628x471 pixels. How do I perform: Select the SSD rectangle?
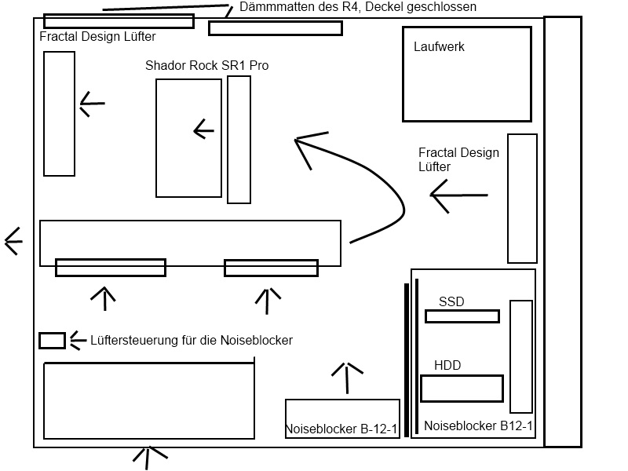pyautogui.click(x=462, y=316)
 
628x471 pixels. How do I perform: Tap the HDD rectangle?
pyautogui.click(x=462, y=389)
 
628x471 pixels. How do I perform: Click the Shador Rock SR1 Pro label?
pyautogui.click(x=206, y=66)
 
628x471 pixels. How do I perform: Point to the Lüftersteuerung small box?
pyautogui.click(x=52, y=341)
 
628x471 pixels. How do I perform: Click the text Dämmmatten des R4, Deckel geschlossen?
pyautogui.click(x=358, y=7)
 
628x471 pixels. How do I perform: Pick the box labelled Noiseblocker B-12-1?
pyautogui.click(x=342, y=419)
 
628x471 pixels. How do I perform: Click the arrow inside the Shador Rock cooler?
pyautogui.click(x=203, y=130)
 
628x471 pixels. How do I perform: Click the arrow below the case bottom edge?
pyautogui.click(x=150, y=455)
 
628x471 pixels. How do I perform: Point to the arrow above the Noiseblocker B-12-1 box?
pyautogui.click(x=346, y=376)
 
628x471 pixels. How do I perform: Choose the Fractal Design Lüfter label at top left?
pyautogui.click(x=97, y=37)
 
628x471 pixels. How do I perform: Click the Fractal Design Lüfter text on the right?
pyautogui.click(x=458, y=159)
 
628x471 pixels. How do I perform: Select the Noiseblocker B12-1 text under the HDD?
pyautogui.click(x=478, y=426)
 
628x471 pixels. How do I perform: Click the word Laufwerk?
pyautogui.click(x=439, y=47)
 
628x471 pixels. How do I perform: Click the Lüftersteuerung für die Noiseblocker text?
pyautogui.click(x=192, y=341)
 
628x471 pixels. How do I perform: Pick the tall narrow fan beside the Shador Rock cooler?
pyautogui.click(x=239, y=140)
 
